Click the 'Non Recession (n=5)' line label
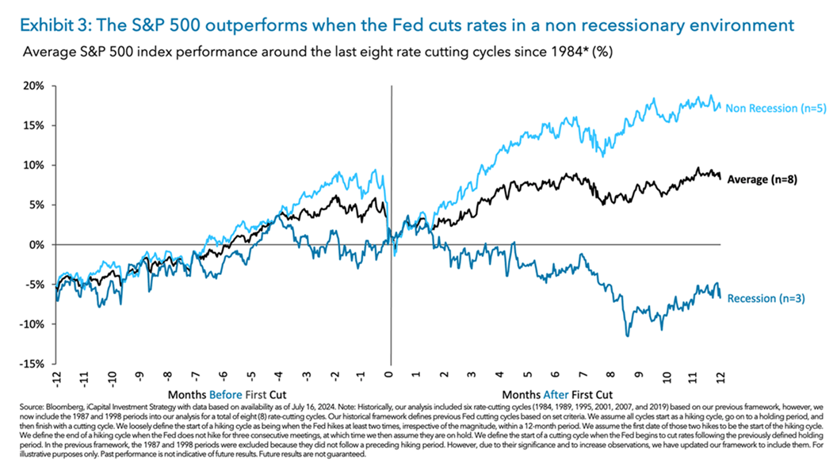click(x=776, y=109)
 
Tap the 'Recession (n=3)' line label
click(x=766, y=298)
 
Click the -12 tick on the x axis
click(x=56, y=377)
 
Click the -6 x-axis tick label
click(x=223, y=377)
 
